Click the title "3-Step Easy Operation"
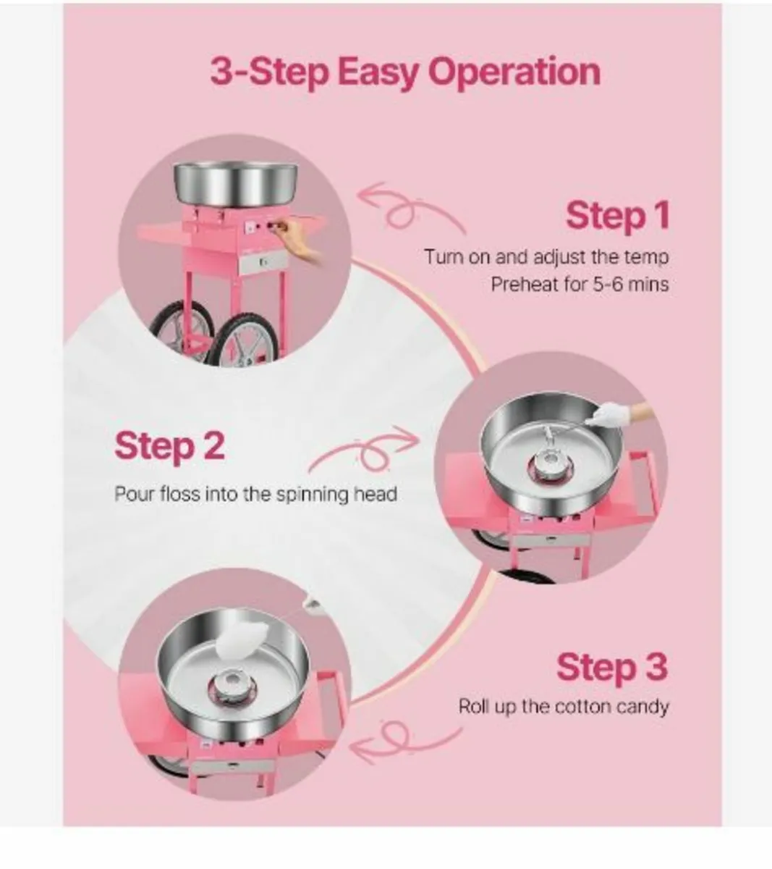[x=405, y=73]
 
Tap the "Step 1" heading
[x=617, y=216]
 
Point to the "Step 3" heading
[x=611, y=667]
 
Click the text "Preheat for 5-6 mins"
[x=579, y=284]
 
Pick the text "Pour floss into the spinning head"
[x=255, y=495]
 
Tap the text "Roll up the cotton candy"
[x=563, y=706]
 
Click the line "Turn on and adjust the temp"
[x=546, y=257]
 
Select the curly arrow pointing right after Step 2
[x=365, y=453]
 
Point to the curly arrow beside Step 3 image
[x=405, y=739]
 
